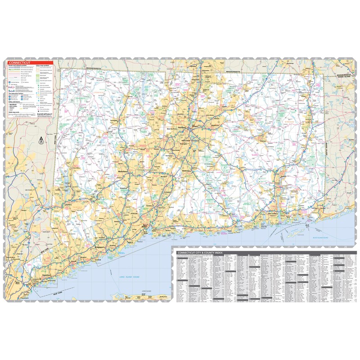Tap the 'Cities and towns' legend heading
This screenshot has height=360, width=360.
click(x=15, y=102)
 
